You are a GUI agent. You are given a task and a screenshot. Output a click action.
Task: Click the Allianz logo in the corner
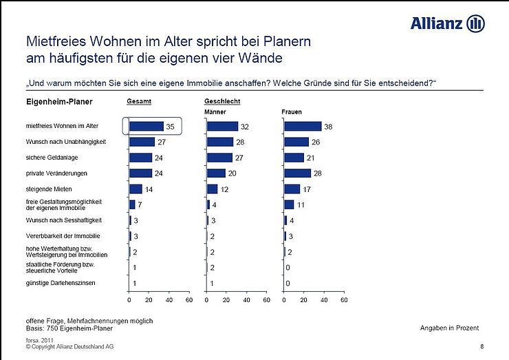point(448,23)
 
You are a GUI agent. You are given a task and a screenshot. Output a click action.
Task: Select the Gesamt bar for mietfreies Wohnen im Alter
point(146,126)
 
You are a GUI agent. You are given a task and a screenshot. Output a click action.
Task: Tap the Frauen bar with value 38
point(303,126)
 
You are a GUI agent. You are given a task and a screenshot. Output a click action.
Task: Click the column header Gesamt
point(139,102)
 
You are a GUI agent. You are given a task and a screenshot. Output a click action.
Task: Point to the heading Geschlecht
point(222,102)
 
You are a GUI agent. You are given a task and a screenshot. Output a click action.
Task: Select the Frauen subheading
point(292,112)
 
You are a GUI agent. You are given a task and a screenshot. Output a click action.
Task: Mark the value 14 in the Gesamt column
point(149,189)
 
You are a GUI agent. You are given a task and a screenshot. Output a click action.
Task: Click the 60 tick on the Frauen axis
point(344,301)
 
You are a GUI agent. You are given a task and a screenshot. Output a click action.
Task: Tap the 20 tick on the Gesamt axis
point(149,301)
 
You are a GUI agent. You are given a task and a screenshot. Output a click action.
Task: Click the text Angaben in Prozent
point(449,328)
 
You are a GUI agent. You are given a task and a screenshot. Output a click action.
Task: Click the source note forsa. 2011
point(41,340)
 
